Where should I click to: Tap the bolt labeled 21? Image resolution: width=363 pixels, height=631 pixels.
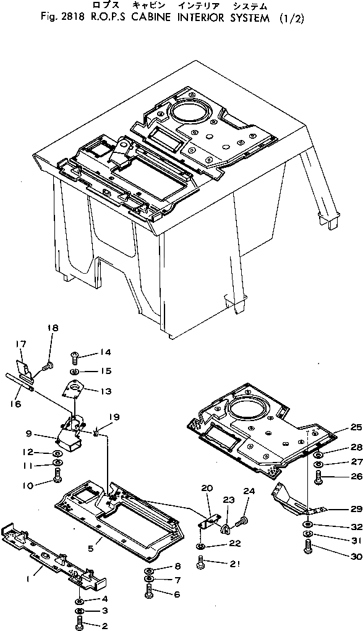pyautogui.click(x=202, y=563)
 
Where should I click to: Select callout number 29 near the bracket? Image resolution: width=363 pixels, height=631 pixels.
pyautogui.click(x=355, y=508)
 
